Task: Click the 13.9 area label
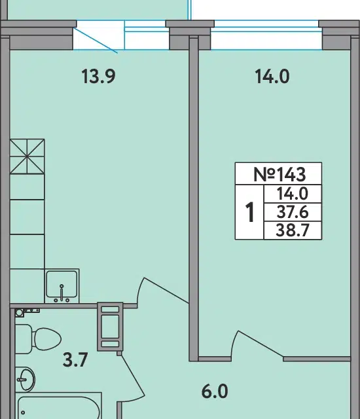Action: coord(98,76)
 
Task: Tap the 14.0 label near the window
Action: coord(272,77)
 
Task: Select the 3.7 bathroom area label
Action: coord(75,359)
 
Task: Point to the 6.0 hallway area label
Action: coord(215,392)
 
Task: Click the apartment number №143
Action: coord(279,174)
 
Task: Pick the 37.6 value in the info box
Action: coord(292,212)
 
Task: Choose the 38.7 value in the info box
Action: coord(292,230)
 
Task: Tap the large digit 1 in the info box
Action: coord(249,212)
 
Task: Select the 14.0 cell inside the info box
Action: coord(292,194)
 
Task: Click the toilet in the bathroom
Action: coord(38,338)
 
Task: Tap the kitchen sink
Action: coord(62,286)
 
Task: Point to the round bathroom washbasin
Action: coord(25,379)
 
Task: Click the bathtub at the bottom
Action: coord(58,406)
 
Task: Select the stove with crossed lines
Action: coord(27,156)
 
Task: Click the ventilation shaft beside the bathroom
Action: coord(110,326)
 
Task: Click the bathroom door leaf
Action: coord(133,375)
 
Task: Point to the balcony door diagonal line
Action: coord(96,40)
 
